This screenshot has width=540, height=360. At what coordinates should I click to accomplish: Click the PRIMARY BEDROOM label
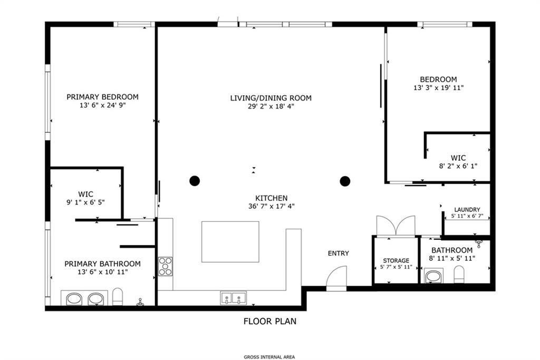pyautogui.click(x=103, y=97)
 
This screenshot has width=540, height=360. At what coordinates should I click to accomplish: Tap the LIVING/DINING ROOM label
pyautogui.click(x=271, y=98)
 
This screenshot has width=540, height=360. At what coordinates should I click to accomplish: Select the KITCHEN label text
pyautogui.click(x=272, y=198)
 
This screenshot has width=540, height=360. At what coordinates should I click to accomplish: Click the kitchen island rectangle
pyautogui.click(x=230, y=241)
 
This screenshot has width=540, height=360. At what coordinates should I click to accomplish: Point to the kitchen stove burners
pyautogui.click(x=165, y=266)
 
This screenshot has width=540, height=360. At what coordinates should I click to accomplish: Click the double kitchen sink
pyautogui.click(x=234, y=298)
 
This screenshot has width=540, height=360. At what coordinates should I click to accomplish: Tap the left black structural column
pyautogui.click(x=195, y=181)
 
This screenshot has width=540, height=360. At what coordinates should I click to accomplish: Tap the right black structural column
pyautogui.click(x=345, y=181)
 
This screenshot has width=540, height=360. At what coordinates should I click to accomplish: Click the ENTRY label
pyautogui.click(x=338, y=254)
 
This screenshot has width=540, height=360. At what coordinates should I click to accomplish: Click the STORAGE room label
pyautogui.click(x=396, y=260)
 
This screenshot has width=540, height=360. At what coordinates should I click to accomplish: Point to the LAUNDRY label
pyautogui.click(x=467, y=210)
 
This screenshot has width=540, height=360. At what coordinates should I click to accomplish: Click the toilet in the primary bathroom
pyautogui.click(x=118, y=296)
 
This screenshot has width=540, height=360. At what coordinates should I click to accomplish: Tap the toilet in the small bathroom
pyautogui.click(x=459, y=274)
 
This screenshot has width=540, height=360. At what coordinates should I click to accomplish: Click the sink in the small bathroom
pyautogui.click(x=433, y=277)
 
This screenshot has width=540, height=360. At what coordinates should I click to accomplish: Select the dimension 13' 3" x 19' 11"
pyautogui.click(x=438, y=88)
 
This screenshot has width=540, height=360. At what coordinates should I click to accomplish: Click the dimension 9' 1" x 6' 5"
pyautogui.click(x=85, y=202)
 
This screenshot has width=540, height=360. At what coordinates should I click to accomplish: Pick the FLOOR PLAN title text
pyautogui.click(x=270, y=322)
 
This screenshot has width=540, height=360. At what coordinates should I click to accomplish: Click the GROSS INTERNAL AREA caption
pyautogui.click(x=269, y=357)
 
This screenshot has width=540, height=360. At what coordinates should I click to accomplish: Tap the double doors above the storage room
pyautogui.click(x=396, y=226)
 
